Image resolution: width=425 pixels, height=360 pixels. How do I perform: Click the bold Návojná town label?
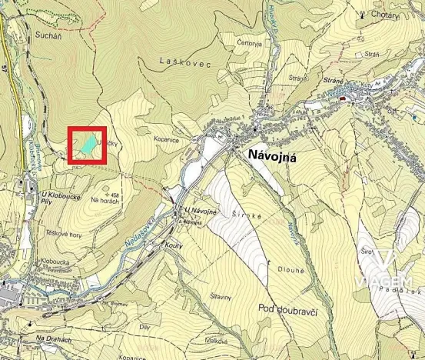pyautogui.click(x=272, y=155)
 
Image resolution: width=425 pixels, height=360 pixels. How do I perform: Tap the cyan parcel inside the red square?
pyautogui.click(x=87, y=145)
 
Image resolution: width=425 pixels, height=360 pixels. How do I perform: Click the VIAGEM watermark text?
pyautogui.click(x=383, y=282)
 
